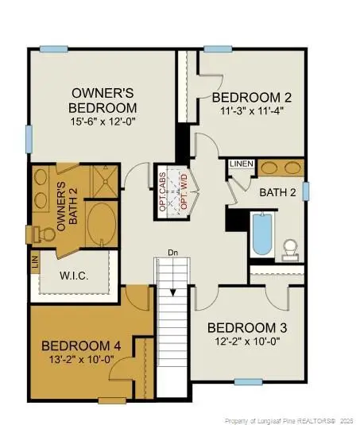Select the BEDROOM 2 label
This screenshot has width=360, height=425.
[x=252, y=98]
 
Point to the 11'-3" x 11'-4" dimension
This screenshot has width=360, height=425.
[x=252, y=113]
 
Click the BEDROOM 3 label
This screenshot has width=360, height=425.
[x=246, y=327]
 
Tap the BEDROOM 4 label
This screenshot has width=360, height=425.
[x=82, y=346]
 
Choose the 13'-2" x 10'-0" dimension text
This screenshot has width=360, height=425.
[x=82, y=360]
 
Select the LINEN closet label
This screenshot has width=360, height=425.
[x=241, y=164]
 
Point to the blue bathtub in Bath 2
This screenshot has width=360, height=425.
[x=261, y=234]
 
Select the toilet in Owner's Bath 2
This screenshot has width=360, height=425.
[x=38, y=234]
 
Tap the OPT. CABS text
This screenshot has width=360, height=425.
[x=164, y=191]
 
